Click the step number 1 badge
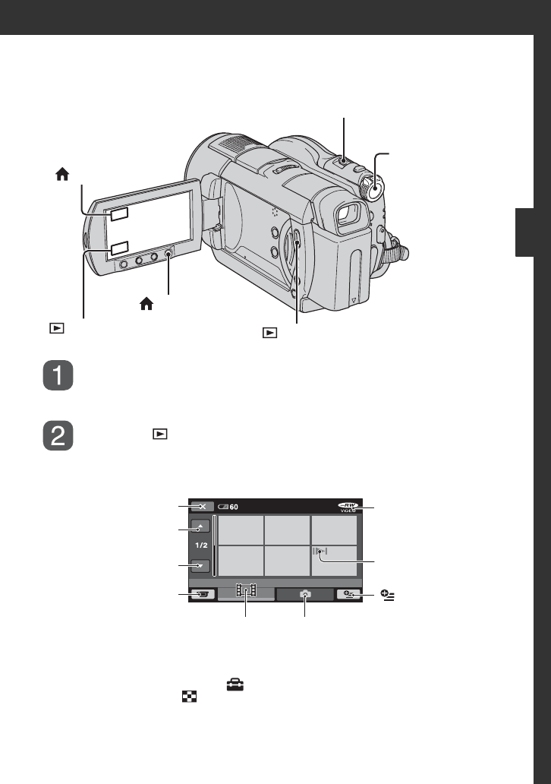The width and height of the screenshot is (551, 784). tap(58, 375)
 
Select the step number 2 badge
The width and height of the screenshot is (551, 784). tap(58, 435)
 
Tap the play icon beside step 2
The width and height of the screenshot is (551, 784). tap(160, 434)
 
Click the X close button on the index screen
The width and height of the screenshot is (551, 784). tap(203, 507)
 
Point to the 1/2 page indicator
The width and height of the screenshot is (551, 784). tap(201, 545)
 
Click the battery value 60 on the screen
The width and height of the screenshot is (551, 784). tap(234, 507)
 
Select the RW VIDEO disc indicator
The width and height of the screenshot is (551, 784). tap(348, 507)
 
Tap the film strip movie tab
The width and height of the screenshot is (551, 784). tap(246, 591)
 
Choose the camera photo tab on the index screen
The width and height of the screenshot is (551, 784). tap(305, 594)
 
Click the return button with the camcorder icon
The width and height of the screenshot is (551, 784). tap(203, 595)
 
